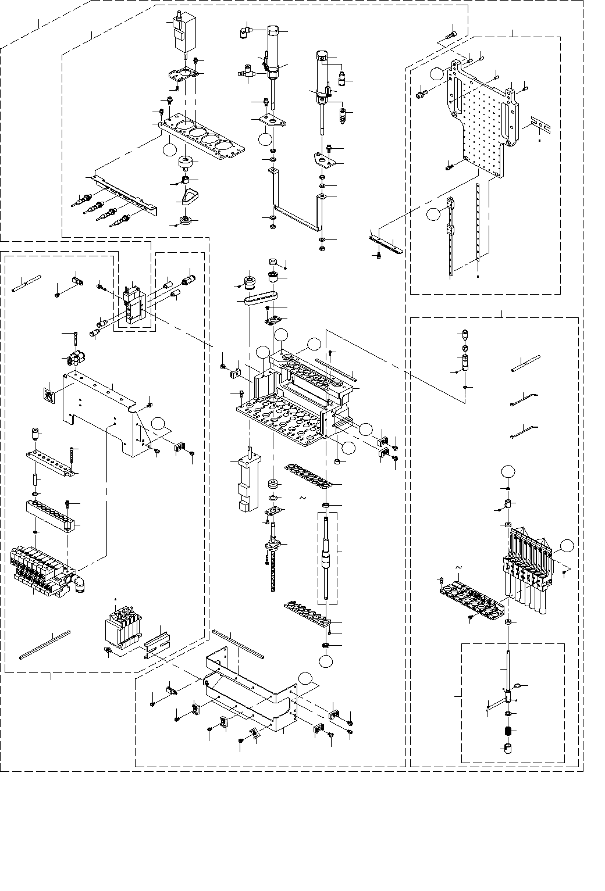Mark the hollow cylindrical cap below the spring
pyautogui.click(x=507, y=747)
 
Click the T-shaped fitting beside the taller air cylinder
pyautogui.click(x=247, y=73)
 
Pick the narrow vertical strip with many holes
pyautogui.click(x=478, y=227)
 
